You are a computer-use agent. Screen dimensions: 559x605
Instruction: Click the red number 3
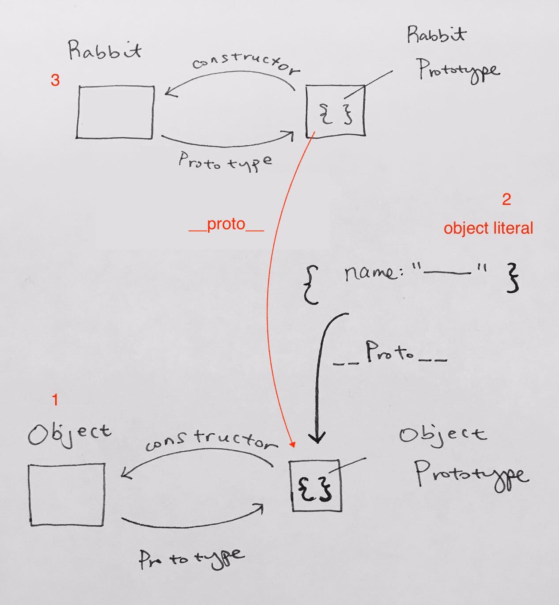pos(55,80)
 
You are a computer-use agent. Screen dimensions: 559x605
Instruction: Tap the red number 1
pos(55,400)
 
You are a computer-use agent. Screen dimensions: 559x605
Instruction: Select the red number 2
pos(506,200)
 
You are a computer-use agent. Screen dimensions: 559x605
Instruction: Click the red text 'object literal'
pos(488,228)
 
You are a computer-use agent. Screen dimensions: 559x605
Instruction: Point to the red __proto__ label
pos(227,225)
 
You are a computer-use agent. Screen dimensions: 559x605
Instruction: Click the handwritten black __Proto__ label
pos(390,353)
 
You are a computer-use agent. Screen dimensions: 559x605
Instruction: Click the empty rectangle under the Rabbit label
pos(115,112)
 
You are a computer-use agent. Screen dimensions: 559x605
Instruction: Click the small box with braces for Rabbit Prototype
pos(336,111)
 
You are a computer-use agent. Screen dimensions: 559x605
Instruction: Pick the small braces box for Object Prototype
pos(316,486)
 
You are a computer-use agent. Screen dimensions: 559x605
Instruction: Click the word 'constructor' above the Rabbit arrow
pos(246,64)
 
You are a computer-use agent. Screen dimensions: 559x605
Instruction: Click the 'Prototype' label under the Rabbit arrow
pos(225,161)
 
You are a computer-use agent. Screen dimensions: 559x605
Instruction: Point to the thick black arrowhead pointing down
pos(317,437)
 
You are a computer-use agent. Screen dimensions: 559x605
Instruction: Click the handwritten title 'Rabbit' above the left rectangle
pos(105,50)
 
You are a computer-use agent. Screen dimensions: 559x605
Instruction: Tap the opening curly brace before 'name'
pos(311,285)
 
